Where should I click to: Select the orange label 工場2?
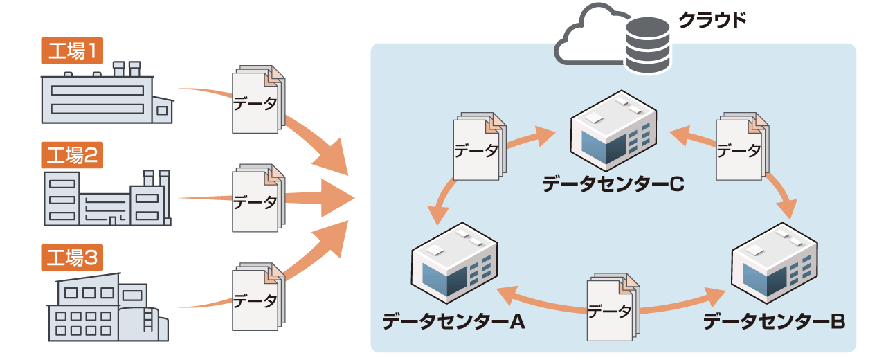click(73, 156)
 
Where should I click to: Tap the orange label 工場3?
click(73, 258)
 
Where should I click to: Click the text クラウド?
click(712, 20)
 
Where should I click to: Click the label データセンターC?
click(613, 183)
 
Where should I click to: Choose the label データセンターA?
click(453, 321)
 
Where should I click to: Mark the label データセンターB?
click(774, 321)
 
